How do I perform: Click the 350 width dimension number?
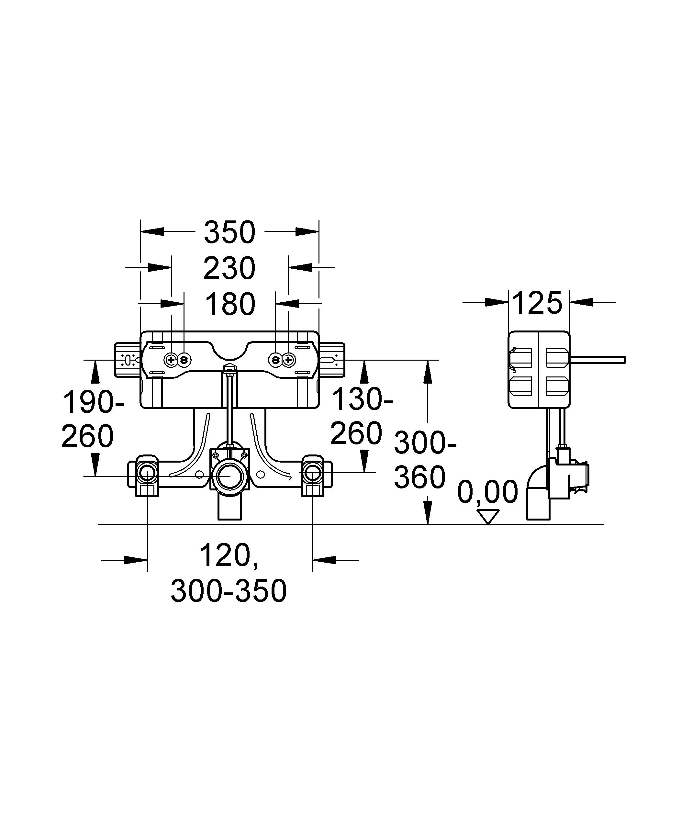point(229,232)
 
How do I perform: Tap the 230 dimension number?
point(229,268)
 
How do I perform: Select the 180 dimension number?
point(230,304)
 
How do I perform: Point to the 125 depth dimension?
point(537,303)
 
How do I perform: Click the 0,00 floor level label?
point(487,492)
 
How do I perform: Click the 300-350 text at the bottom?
point(229,591)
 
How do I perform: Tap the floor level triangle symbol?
point(488,517)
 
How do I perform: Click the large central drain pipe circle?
point(229,476)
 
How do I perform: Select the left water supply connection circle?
point(147,474)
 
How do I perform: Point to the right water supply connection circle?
point(312,474)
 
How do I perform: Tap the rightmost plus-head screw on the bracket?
point(288,360)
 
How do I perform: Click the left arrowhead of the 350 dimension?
point(152,231)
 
